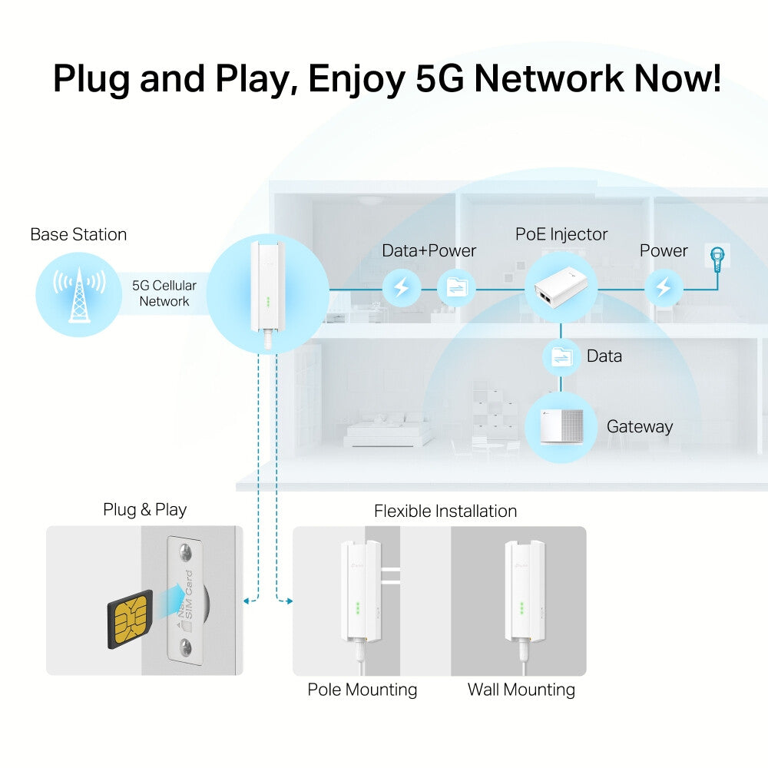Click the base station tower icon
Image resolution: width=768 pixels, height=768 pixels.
click(x=78, y=293)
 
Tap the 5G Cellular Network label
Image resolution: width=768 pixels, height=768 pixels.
click(x=164, y=293)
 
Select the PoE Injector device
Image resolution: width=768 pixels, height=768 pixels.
click(x=561, y=287)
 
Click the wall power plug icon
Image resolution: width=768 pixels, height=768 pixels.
click(x=720, y=258)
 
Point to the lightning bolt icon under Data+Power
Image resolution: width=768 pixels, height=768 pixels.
click(x=401, y=288)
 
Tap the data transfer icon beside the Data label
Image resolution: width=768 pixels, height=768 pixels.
click(x=562, y=356)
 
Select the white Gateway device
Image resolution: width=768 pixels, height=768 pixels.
click(x=561, y=427)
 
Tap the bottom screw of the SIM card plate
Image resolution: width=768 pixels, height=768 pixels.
click(x=187, y=652)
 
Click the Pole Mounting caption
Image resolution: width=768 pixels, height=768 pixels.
click(x=362, y=690)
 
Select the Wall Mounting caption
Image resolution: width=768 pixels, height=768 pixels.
click(x=521, y=690)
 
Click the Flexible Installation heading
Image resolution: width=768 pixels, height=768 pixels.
click(x=445, y=511)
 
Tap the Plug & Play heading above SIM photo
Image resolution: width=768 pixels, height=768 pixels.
click(x=145, y=509)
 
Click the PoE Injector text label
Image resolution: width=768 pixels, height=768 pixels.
click(x=561, y=233)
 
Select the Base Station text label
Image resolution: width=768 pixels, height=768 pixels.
click(x=78, y=234)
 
